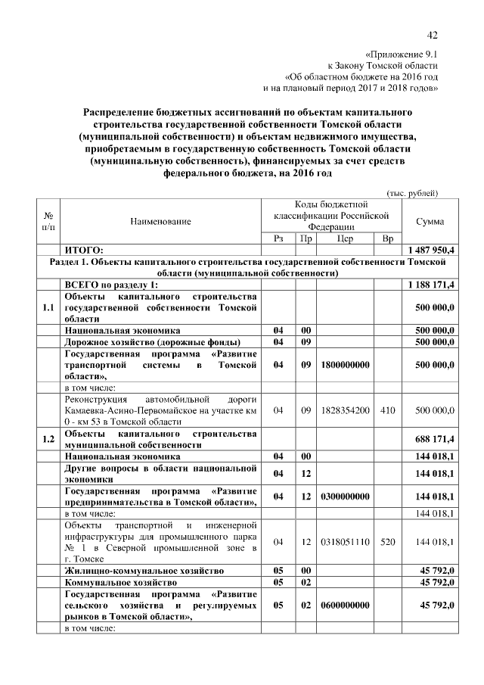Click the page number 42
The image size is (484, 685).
(x=433, y=35)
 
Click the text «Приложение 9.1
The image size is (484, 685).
(x=401, y=54)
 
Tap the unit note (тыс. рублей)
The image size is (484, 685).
(x=412, y=192)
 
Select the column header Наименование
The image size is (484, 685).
(x=161, y=221)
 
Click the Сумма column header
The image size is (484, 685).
(x=430, y=221)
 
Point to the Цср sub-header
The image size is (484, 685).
(x=346, y=238)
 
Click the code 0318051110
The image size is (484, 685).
(x=345, y=543)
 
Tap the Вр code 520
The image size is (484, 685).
(x=386, y=543)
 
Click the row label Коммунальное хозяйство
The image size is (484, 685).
(x=121, y=583)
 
